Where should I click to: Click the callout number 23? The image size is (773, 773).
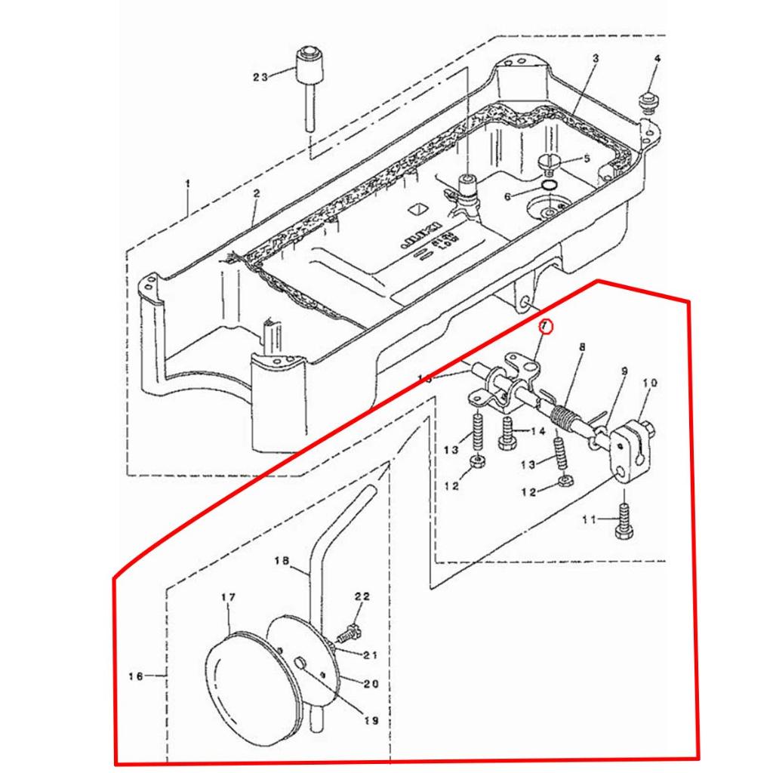(260, 77)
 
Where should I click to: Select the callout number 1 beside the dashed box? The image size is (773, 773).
(188, 183)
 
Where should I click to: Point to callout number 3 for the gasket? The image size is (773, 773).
(595, 59)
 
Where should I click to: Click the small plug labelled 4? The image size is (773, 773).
(647, 99)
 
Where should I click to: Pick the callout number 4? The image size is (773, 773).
(657, 59)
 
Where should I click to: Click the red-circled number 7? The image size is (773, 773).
(545, 326)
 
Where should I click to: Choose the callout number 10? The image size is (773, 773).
(650, 383)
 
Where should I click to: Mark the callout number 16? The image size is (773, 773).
(136, 676)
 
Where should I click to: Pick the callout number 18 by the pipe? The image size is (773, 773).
(282, 561)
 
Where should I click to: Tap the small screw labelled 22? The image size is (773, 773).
(351, 629)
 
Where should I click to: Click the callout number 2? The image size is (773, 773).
(256, 194)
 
